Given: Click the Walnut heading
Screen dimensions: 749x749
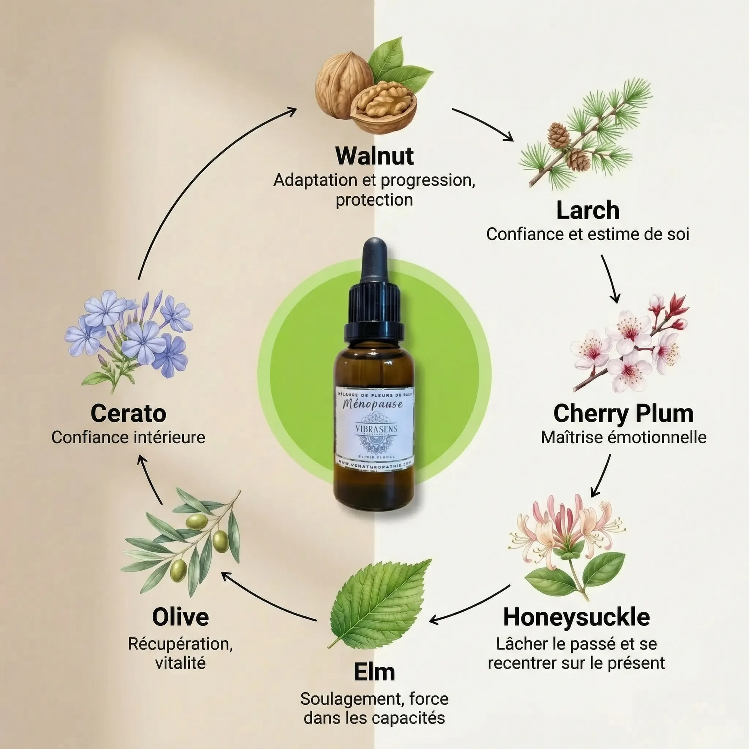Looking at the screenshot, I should pos(374,156).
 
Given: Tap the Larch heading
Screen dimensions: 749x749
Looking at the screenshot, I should pos(588,210).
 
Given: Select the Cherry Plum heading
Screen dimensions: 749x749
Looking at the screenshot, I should pos(623,414).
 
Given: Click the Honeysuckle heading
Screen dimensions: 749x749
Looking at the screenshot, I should pos(576,617).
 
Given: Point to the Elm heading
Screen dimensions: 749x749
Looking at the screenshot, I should pos(374,672).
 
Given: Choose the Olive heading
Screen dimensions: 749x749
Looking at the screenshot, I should pos(180,617).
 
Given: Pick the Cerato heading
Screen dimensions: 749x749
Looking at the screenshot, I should pos(128,414).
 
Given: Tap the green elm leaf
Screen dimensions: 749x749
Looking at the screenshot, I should pos(379,602).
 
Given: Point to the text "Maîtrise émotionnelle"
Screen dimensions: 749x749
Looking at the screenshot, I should pos(623,437).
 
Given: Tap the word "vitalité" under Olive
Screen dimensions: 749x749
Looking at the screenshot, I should pos(180,663).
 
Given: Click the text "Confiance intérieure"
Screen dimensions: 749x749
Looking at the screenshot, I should pos(128,437).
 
